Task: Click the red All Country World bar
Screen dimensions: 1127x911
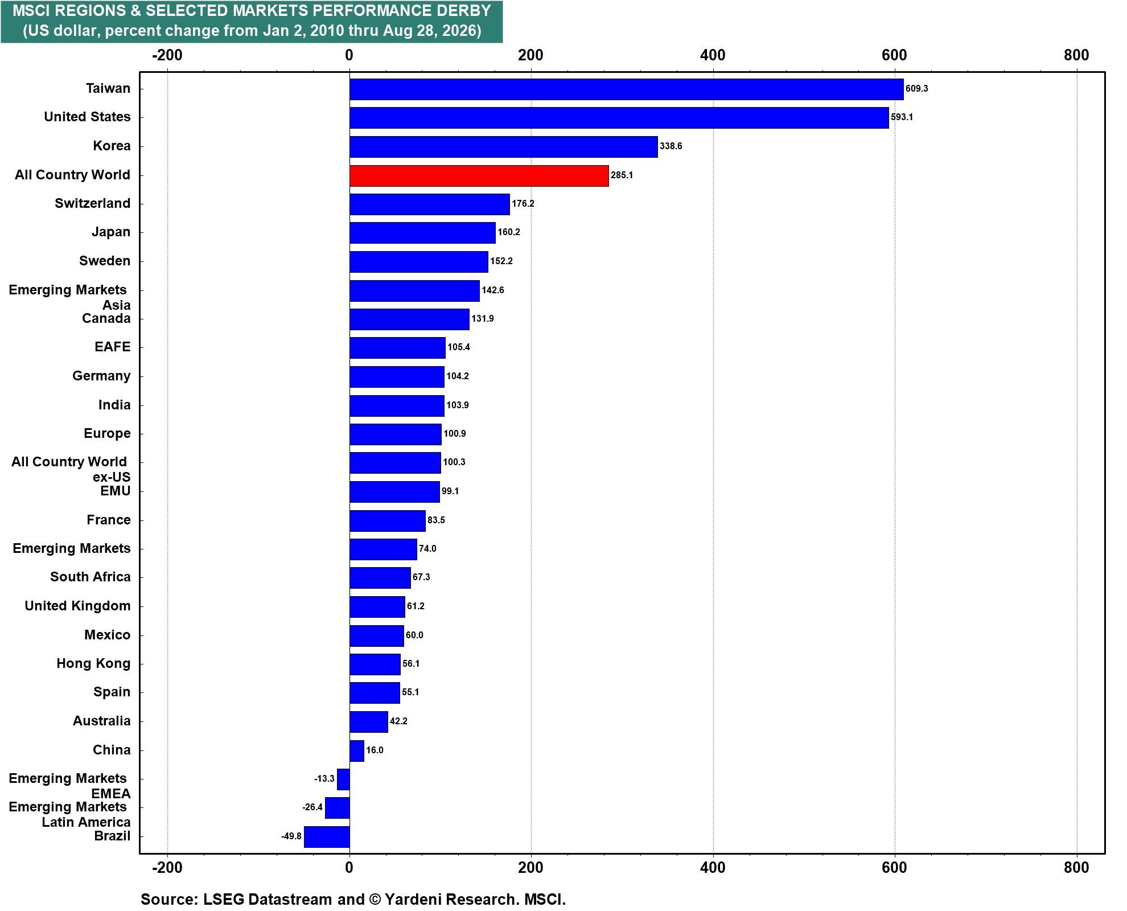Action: (479, 175)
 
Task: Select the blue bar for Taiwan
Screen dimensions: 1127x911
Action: (626, 89)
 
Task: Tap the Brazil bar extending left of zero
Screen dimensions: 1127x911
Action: (327, 836)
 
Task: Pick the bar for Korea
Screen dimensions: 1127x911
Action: (503, 146)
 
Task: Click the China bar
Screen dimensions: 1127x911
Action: (357, 750)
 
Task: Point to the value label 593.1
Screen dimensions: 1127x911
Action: (902, 117)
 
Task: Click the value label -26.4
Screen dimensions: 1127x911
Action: (312, 807)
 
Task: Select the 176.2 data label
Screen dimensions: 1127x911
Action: (523, 204)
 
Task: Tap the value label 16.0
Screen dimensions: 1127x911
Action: (375, 750)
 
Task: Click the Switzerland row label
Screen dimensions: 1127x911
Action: (92, 203)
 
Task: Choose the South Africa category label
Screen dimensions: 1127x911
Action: (90, 577)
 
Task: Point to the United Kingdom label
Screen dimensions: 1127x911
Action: (77, 606)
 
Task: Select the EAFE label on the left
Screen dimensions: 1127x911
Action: (113, 347)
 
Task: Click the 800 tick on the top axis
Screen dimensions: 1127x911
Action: (1076, 55)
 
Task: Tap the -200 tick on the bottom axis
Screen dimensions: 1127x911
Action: (167, 868)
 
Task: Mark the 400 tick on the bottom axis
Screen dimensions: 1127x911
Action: (713, 868)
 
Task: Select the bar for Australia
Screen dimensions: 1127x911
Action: (368, 721)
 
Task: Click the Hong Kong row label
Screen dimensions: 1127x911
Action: (93, 663)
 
